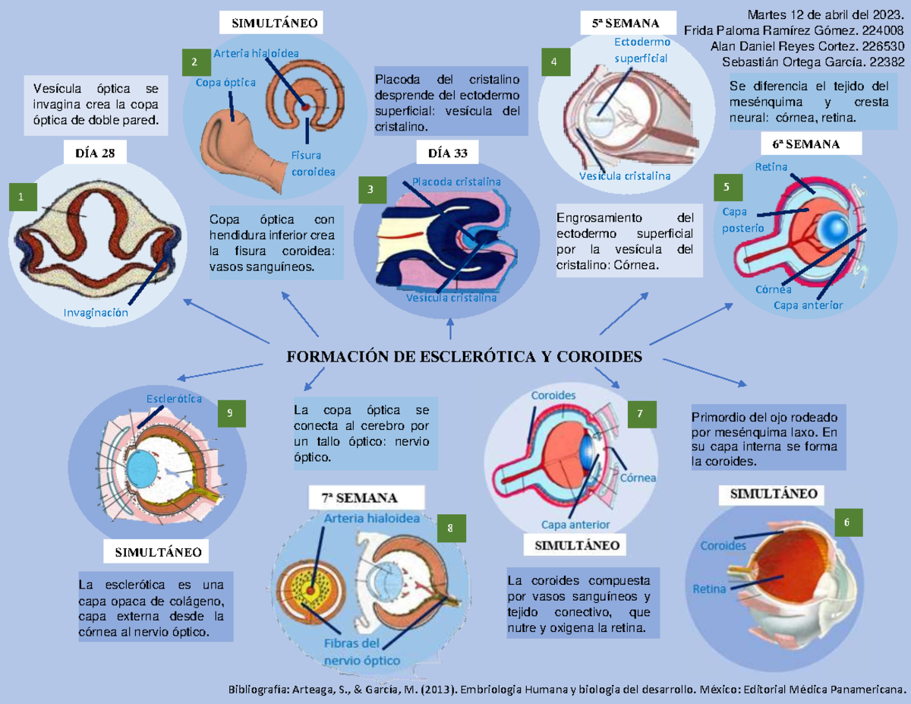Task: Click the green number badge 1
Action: pyautogui.click(x=21, y=197)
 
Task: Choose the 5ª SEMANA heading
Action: pyautogui.click(x=626, y=24)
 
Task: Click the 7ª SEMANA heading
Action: pyautogui.click(x=358, y=499)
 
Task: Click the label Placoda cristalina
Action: pyautogui.click(x=456, y=182)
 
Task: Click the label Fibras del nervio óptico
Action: pyautogui.click(x=352, y=652)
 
